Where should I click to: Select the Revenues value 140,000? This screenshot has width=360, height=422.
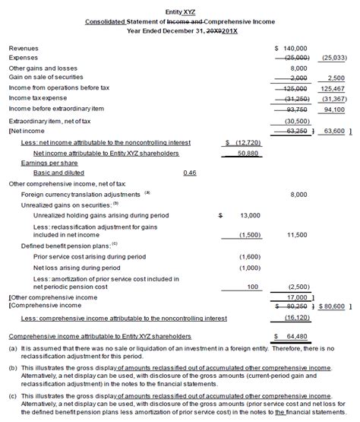tap(291, 47)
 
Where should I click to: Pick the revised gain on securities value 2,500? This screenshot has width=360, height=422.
tap(335, 78)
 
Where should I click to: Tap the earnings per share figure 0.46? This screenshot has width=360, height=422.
tap(190, 173)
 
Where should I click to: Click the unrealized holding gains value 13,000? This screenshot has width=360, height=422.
tap(248, 216)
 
